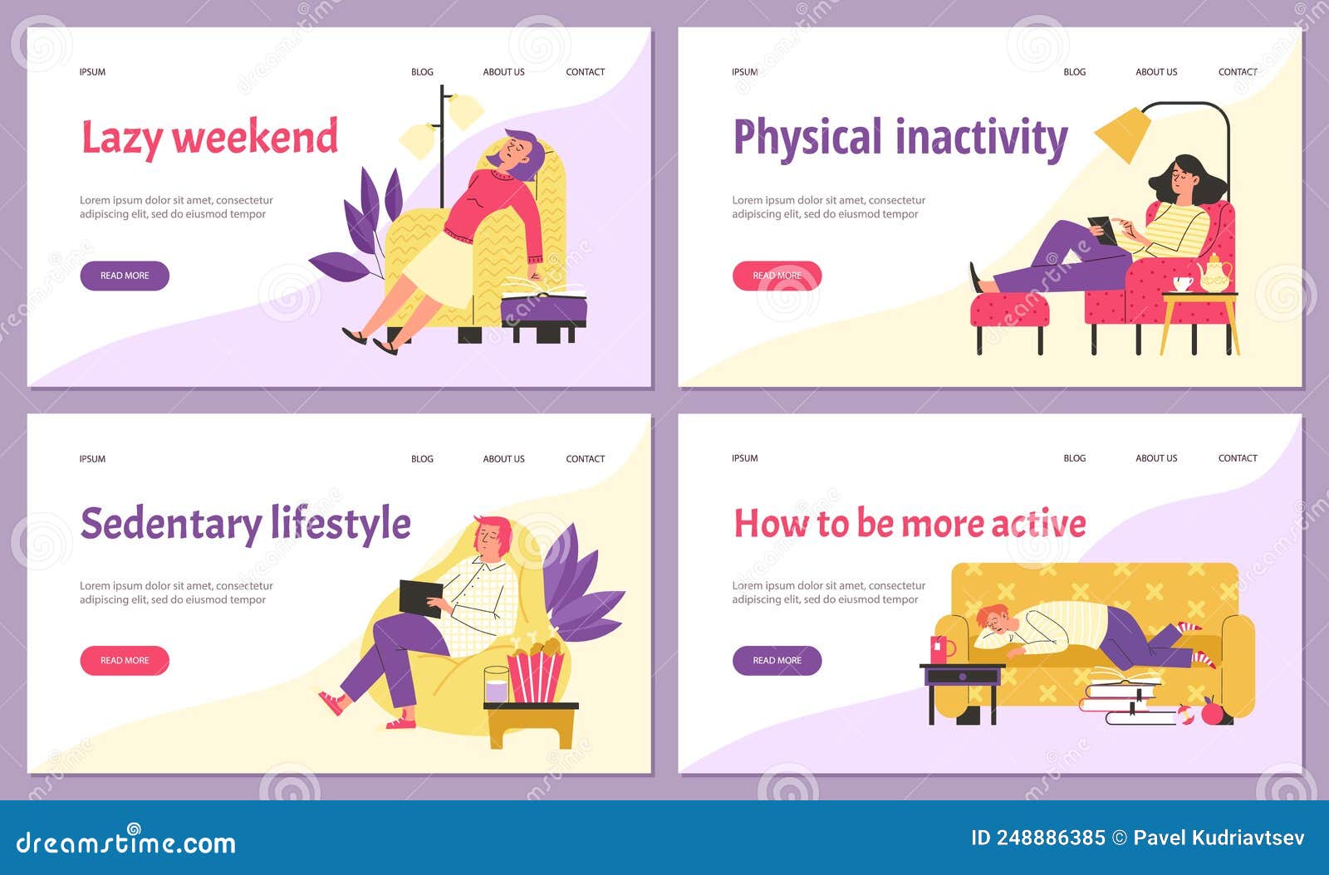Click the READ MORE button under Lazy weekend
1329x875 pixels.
tap(125, 276)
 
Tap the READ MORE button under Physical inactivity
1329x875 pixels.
tap(777, 276)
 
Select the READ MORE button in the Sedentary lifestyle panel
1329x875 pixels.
tap(125, 661)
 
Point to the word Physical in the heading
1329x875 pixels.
tap(807, 139)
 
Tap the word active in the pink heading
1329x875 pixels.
tap(1038, 524)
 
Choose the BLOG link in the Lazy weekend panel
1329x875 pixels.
tap(422, 72)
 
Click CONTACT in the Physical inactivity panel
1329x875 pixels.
tap(1237, 72)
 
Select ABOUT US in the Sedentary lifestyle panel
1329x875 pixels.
tap(503, 459)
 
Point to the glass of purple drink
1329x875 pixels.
tap(496, 686)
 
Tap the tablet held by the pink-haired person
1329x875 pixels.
tap(420, 598)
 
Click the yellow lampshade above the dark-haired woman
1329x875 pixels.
tap(1123, 134)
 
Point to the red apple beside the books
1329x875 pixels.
tap(1214, 711)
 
